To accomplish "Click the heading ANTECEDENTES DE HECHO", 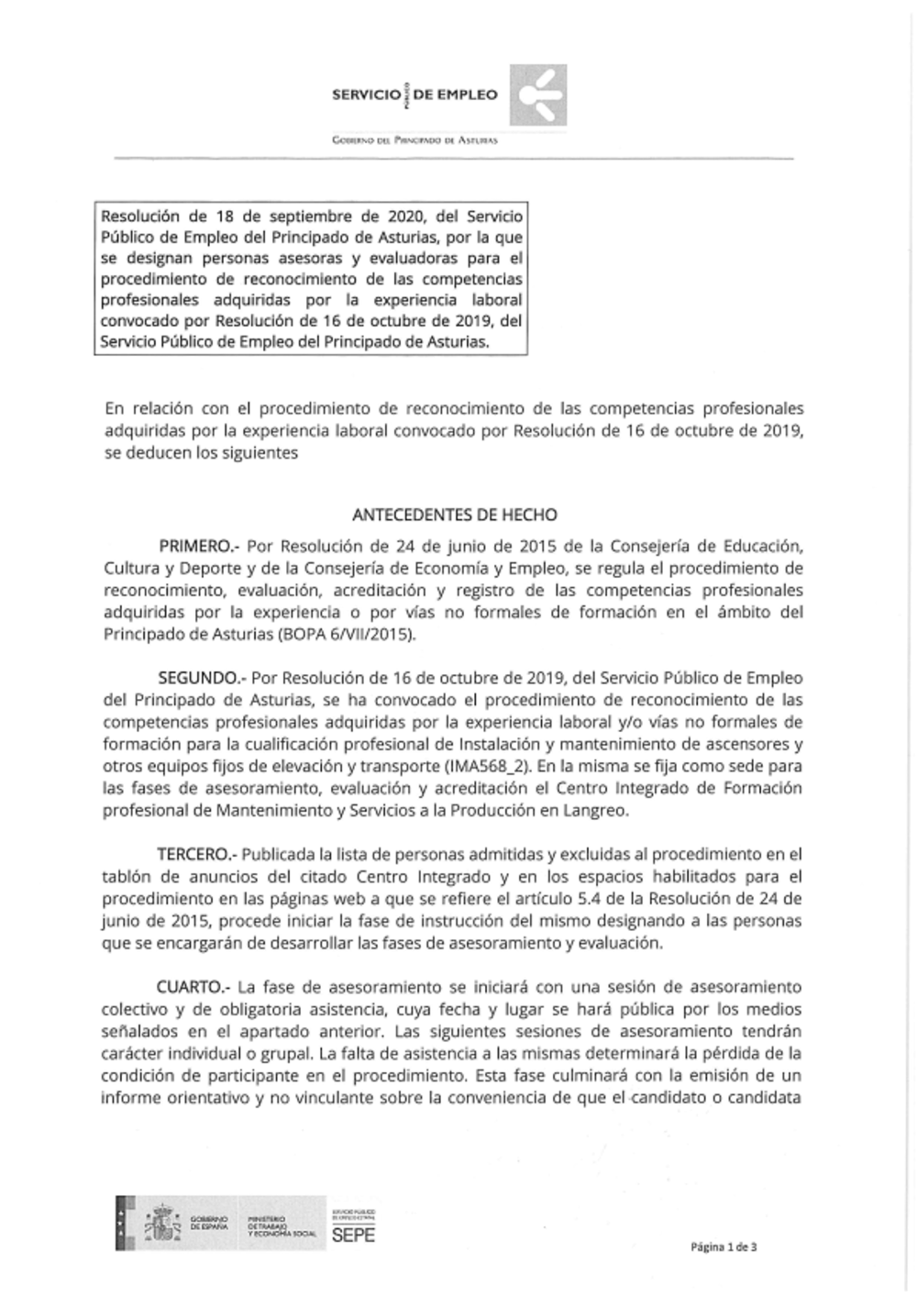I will [454, 515].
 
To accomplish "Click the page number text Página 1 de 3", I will [724, 1247].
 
